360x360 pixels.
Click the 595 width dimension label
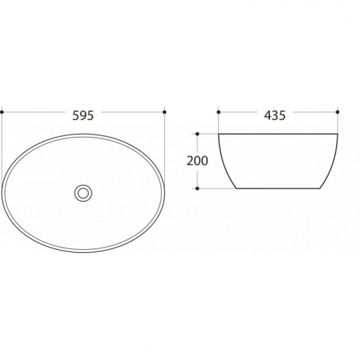(x=83, y=115)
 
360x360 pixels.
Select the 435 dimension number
(x=275, y=115)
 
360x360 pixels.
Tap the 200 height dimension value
(x=197, y=161)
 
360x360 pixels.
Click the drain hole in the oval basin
(x=83, y=193)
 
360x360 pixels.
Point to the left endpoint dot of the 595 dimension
(x=2, y=112)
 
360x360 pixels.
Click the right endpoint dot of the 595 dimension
(x=164, y=112)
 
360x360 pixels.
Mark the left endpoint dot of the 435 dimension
(x=218, y=112)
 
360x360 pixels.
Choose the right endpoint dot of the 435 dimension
(x=338, y=112)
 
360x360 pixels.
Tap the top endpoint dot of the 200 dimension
(x=197, y=134)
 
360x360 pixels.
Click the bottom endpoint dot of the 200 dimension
(x=197, y=189)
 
